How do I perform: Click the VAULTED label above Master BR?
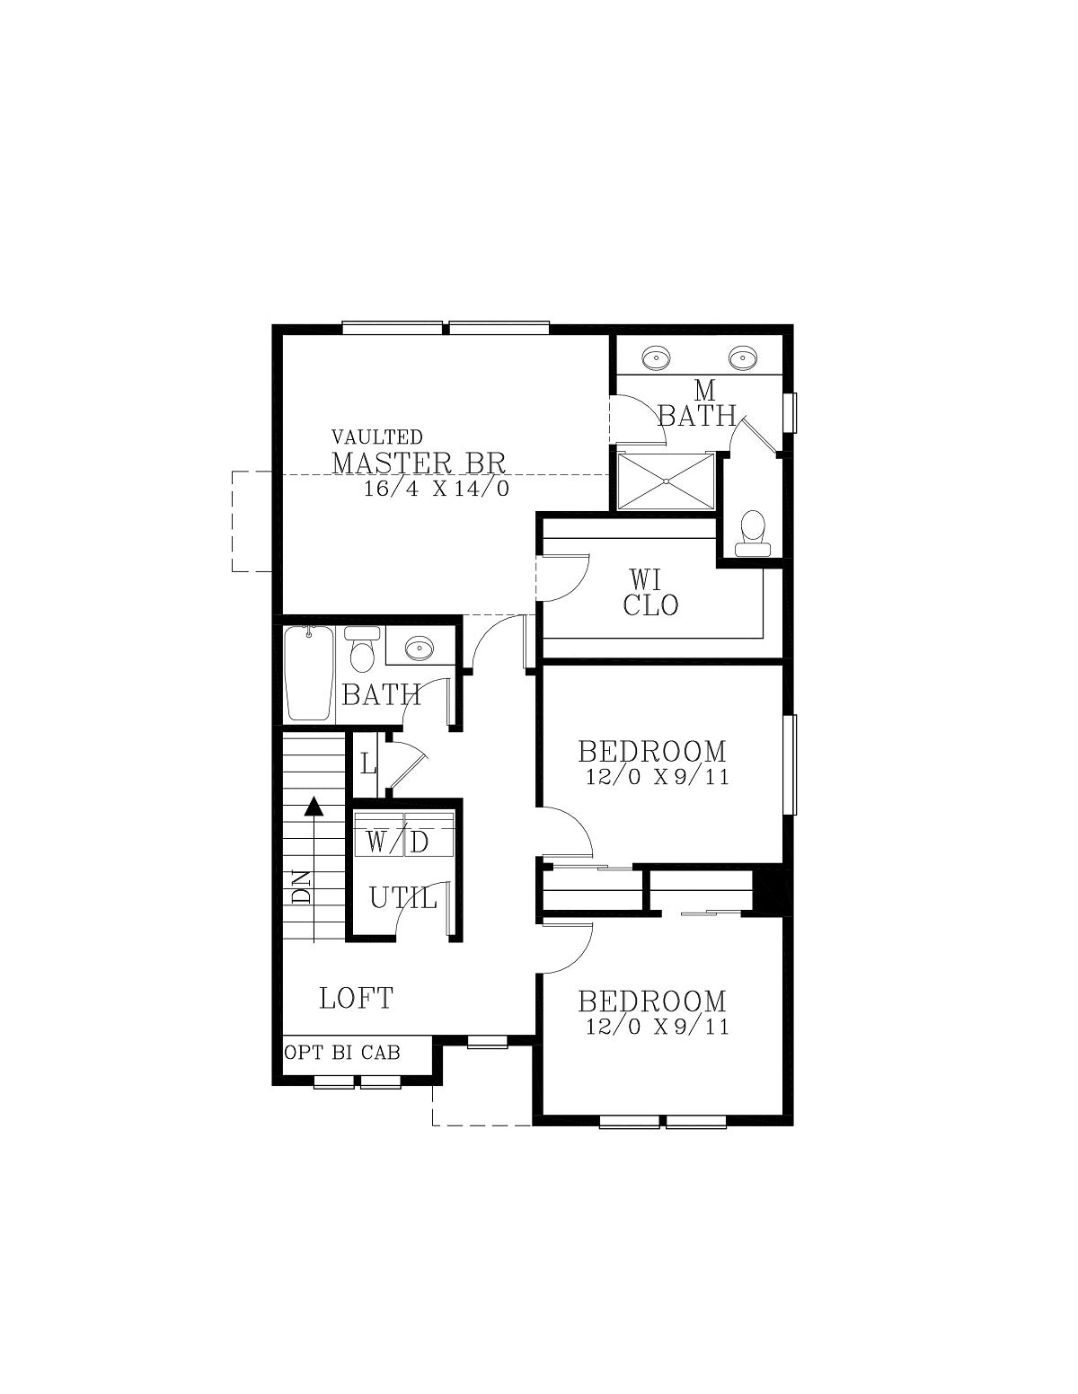click(376, 437)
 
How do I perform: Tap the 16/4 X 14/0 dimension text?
click(437, 489)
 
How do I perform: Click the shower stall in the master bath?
click(666, 481)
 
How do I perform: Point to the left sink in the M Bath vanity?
click(656, 356)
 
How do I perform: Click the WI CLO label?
click(650, 593)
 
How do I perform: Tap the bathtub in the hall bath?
click(309, 673)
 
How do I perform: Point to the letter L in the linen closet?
click(367, 764)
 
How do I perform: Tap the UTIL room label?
click(403, 899)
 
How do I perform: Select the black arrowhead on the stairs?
click(313, 807)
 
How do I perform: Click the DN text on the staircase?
click(301, 887)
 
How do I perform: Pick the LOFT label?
click(356, 998)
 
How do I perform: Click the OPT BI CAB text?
click(342, 1053)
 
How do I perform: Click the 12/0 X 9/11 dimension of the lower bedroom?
click(658, 1027)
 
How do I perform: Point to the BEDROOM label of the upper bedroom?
click(652, 751)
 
